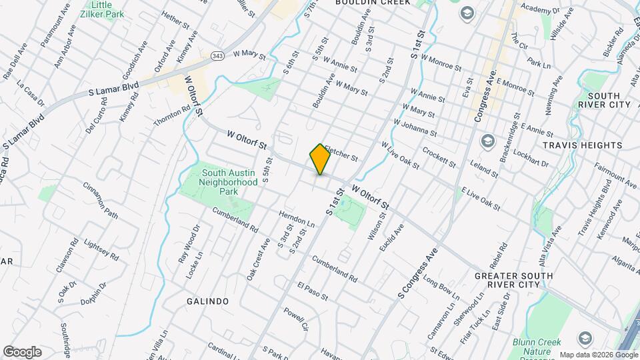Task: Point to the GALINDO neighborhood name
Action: coord(207,301)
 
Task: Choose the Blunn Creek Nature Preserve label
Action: coord(536,347)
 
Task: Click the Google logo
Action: coord(22,351)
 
